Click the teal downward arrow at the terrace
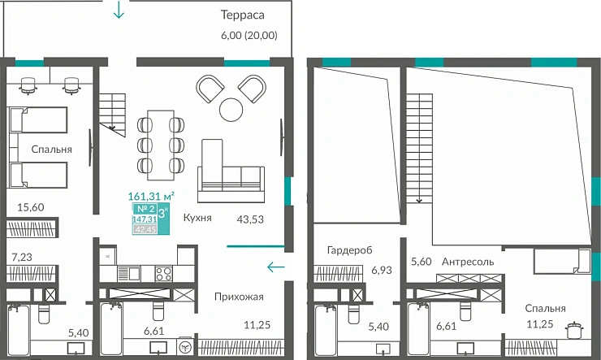tap(120, 11)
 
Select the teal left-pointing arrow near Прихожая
tap(276, 265)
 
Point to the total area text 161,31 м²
tap(152, 196)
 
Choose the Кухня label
tap(198, 218)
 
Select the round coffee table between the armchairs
tap(231, 108)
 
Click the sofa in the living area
tap(231, 174)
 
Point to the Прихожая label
tap(238, 297)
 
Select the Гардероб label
tap(349, 249)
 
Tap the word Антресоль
tap(469, 262)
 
